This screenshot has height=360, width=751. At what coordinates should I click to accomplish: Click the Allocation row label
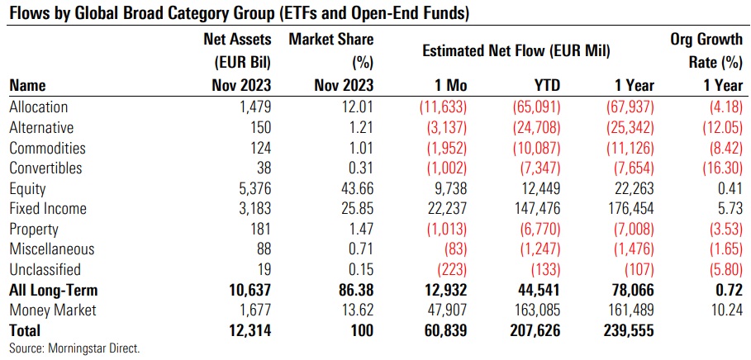tap(38, 107)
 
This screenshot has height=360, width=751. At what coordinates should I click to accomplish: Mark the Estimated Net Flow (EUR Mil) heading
tap(516, 50)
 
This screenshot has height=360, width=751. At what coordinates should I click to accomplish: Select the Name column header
tap(27, 85)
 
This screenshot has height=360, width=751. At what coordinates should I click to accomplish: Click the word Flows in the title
tap(26, 13)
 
